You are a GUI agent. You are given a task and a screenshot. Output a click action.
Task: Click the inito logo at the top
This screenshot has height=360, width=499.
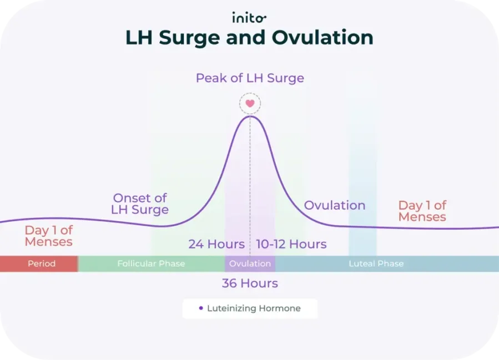(x=249, y=18)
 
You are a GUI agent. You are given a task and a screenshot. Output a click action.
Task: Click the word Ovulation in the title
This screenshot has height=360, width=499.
(x=322, y=37)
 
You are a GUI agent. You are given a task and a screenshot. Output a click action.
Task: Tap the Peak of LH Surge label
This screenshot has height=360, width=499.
(x=250, y=78)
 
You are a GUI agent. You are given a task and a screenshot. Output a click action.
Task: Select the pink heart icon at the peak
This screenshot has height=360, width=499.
(x=250, y=103)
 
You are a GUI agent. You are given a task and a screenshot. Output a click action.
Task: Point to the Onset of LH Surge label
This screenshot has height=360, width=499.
(x=140, y=204)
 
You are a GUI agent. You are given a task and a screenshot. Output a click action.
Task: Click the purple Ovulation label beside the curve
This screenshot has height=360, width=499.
(x=335, y=205)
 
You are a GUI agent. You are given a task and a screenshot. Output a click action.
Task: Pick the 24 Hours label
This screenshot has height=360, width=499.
(x=216, y=244)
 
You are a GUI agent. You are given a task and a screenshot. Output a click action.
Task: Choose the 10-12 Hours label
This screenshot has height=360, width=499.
(x=291, y=244)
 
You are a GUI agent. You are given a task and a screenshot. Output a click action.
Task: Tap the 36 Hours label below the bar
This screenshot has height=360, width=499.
(x=250, y=283)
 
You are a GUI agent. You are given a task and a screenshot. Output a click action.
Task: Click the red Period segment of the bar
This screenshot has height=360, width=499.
(x=42, y=263)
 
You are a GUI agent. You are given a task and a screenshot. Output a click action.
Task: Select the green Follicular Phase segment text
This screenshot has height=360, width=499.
(x=151, y=263)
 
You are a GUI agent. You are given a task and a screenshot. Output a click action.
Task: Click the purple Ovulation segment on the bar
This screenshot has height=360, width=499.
(x=250, y=263)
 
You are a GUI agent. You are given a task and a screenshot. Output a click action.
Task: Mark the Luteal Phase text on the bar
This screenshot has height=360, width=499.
(x=376, y=263)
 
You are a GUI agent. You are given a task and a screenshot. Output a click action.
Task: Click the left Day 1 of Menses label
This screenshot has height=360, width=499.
(x=49, y=236)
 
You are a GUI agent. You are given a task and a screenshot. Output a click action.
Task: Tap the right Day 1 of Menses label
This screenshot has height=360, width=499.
(x=422, y=211)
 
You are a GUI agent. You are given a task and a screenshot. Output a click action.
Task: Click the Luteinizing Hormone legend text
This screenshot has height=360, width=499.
(x=254, y=308)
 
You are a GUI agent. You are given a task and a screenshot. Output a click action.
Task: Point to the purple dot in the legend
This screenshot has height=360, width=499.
(x=201, y=308)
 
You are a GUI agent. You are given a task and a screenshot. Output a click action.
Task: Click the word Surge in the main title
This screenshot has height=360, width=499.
(x=192, y=37)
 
